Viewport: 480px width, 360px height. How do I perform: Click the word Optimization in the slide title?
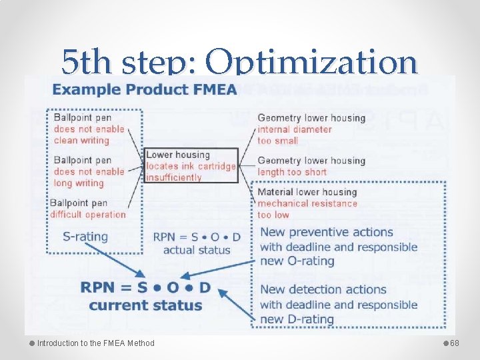[311, 63]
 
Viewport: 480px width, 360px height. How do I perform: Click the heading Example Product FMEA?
[145, 89]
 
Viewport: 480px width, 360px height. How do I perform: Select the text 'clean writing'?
[81, 140]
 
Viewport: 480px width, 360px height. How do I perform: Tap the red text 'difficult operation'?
[88, 214]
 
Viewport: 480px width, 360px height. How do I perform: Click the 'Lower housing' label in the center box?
[178, 155]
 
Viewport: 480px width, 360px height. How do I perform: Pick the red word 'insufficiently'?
[173, 177]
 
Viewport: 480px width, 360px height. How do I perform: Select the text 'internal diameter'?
[294, 129]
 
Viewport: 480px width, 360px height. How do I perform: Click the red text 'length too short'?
[292, 171]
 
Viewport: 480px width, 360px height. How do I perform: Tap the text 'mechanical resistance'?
[307, 203]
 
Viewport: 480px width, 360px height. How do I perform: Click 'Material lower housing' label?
[307, 192]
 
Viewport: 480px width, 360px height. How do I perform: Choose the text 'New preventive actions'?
[327, 232]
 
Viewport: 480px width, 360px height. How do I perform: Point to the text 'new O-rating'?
[297, 261]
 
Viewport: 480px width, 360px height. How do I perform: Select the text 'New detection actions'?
[323, 289]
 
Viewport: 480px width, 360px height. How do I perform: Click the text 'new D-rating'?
[297, 319]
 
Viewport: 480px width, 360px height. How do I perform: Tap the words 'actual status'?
[197, 250]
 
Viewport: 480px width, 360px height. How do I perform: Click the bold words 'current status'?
[145, 305]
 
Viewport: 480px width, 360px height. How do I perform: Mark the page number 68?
[455, 343]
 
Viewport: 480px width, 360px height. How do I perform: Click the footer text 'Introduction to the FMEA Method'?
[95, 343]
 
